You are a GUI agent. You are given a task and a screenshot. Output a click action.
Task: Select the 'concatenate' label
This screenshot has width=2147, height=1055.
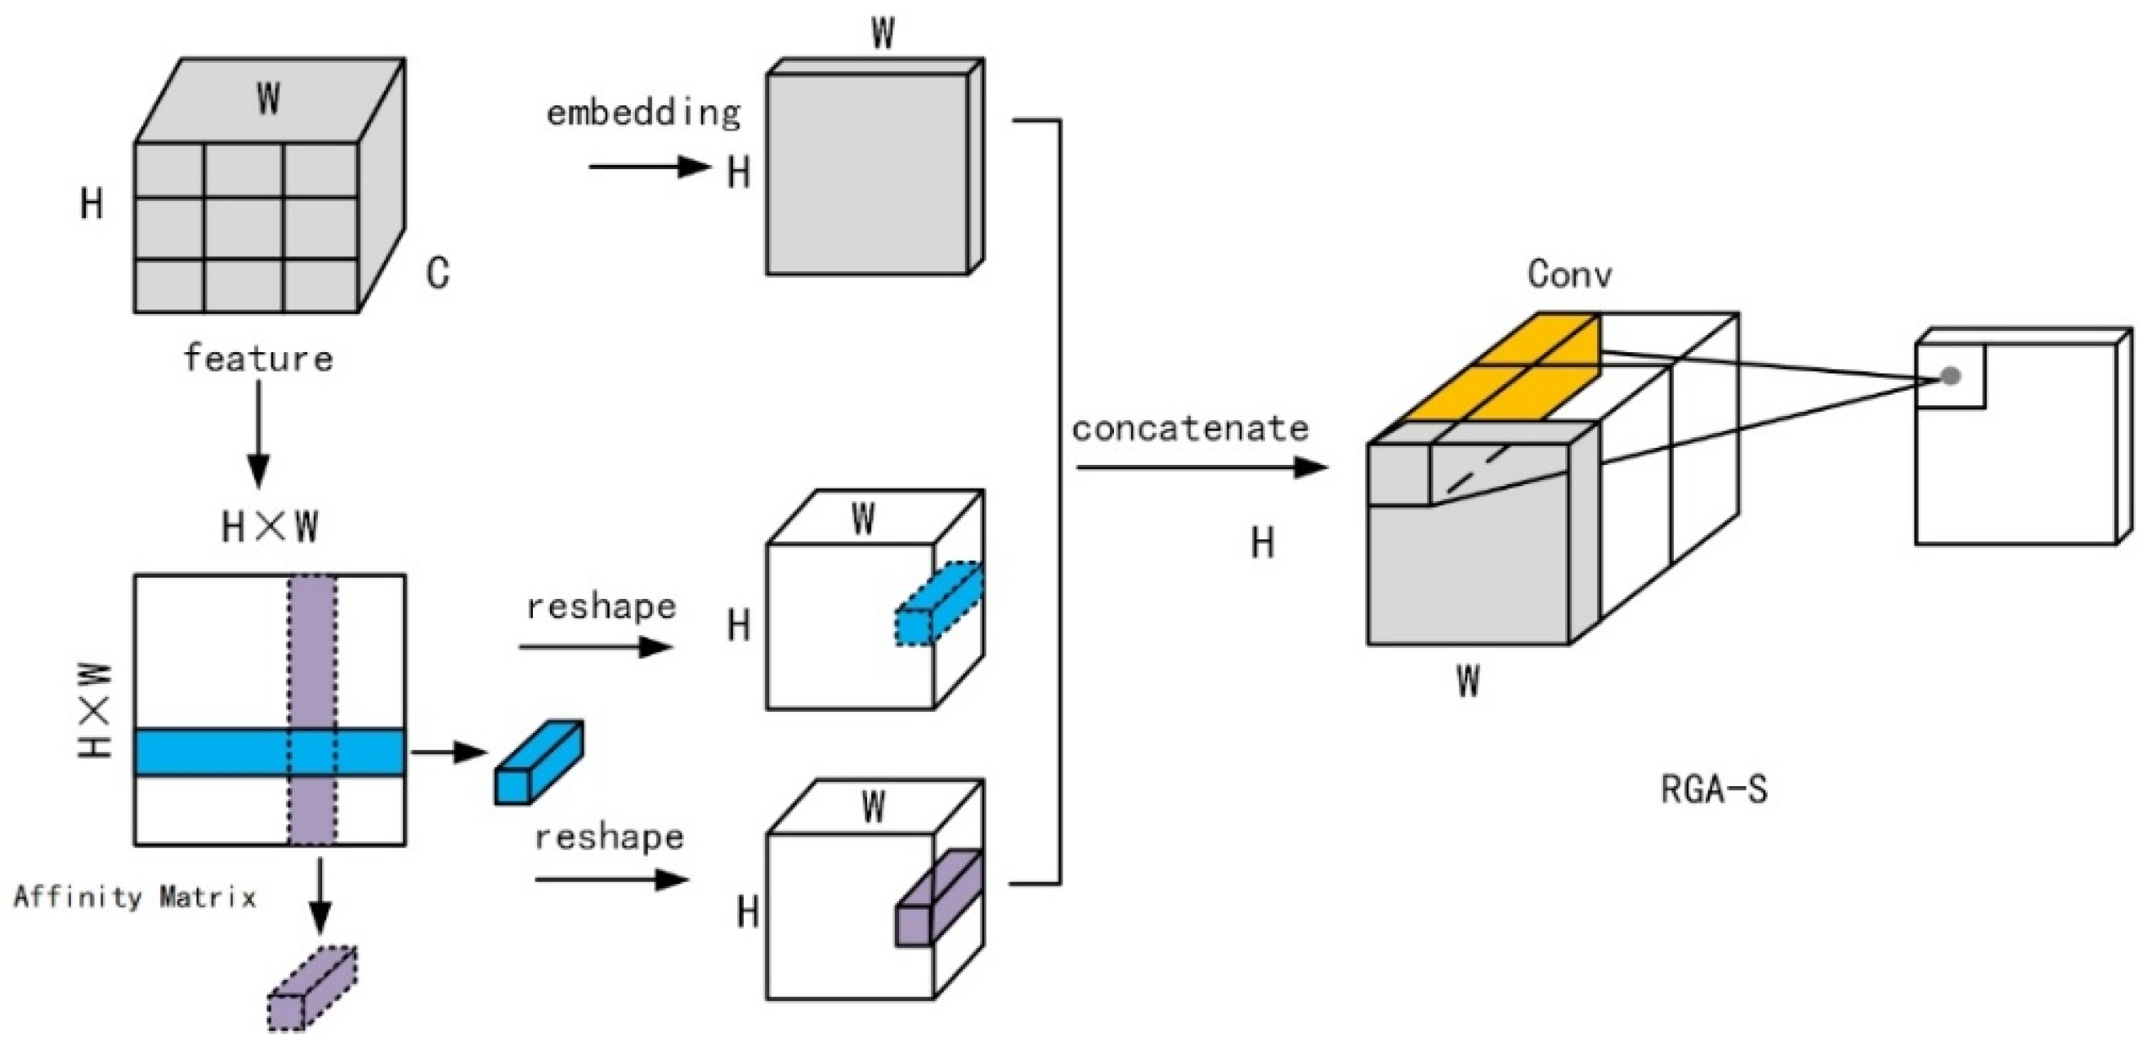[x=1190, y=428]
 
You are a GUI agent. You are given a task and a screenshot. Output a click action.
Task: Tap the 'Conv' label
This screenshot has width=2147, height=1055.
[x=1569, y=274]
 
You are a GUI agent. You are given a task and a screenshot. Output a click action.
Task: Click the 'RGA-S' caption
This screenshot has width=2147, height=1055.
[x=1715, y=789]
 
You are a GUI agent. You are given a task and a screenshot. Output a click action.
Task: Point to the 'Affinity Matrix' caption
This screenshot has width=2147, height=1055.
[x=135, y=897]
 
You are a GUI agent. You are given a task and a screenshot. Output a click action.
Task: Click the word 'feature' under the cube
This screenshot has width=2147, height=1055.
[x=257, y=358]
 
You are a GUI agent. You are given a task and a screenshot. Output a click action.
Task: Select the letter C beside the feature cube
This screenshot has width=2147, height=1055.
[x=438, y=272]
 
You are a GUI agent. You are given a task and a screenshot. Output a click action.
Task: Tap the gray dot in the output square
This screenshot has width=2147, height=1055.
[x=1950, y=377]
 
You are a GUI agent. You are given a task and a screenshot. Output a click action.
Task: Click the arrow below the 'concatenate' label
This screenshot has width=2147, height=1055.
[x=1202, y=467]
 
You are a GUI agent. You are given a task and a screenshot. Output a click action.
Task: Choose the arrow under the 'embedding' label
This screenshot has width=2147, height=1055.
[x=649, y=167]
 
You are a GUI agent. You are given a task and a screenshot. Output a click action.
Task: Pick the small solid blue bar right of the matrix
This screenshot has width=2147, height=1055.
[x=539, y=762]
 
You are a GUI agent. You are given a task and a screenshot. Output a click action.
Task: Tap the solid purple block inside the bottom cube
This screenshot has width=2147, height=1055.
[x=939, y=897]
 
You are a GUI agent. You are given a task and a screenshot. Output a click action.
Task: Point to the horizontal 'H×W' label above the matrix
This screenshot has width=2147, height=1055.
[x=270, y=526]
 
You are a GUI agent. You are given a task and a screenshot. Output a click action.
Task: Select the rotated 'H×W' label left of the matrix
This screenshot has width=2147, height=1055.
[x=95, y=710]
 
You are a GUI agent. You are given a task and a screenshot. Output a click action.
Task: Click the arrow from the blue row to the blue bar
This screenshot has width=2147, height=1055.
[x=449, y=753]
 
